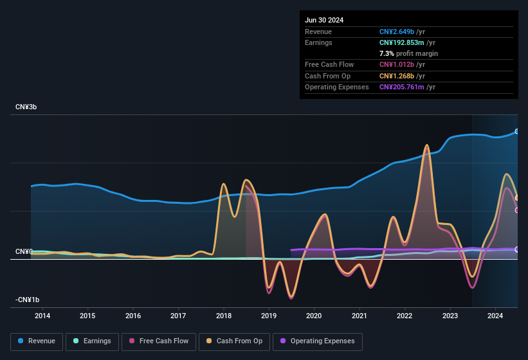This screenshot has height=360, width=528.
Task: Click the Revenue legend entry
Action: (37, 341)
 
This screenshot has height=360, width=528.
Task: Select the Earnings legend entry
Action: (93, 341)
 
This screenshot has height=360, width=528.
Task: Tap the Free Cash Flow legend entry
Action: (158, 341)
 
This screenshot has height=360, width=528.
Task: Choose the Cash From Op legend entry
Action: (234, 341)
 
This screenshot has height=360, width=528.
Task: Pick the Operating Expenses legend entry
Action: (317, 341)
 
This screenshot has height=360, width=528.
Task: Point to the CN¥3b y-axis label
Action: (26, 107)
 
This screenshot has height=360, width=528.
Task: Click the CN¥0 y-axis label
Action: (24, 251)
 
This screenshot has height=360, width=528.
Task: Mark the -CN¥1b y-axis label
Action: (28, 300)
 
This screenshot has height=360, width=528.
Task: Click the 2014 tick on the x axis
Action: (42, 316)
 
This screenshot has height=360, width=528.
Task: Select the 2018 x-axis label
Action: (224, 316)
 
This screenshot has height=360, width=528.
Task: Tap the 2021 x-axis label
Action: (360, 316)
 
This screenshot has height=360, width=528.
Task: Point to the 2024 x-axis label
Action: (495, 316)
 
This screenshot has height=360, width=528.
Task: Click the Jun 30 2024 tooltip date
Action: (324, 20)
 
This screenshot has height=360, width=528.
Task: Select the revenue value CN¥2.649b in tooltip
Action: (397, 32)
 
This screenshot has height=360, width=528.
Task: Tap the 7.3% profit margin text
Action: (408, 53)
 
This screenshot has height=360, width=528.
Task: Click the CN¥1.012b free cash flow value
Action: (397, 64)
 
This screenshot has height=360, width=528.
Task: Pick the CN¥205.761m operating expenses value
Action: (401, 87)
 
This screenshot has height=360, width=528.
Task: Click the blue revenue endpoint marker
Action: (517, 131)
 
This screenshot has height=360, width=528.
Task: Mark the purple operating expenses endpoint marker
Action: (517, 249)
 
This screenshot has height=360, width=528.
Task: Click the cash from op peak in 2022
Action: (426, 146)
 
